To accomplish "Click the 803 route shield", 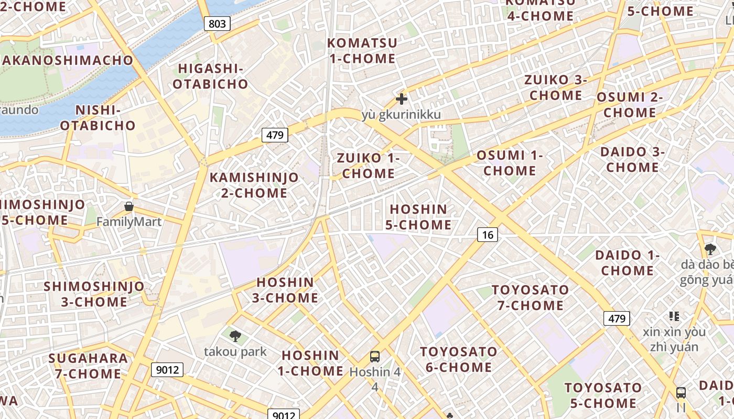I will [217, 23].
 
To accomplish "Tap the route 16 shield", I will [488, 235].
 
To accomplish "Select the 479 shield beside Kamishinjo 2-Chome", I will [275, 135].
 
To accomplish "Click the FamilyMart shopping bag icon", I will [129, 207].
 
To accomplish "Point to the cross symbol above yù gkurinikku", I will [402, 98].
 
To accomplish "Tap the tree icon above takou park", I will [235, 336].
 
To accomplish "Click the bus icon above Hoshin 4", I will [375, 357].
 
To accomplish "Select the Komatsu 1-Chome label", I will [362, 50].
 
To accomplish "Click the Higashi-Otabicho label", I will [211, 76].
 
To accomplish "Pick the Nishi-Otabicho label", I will [98, 118].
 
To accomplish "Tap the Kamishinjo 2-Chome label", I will [254, 185].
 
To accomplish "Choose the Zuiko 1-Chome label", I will [368, 166].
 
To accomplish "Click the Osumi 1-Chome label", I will [510, 163].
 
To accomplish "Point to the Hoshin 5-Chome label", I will [418, 217].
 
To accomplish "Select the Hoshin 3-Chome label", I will [285, 290].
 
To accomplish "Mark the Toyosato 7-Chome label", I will [530, 297].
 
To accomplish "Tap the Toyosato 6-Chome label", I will [459, 359].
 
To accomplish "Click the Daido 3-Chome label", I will [632, 160].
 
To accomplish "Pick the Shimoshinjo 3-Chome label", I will [94, 294].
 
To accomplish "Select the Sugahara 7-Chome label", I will [88, 366].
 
